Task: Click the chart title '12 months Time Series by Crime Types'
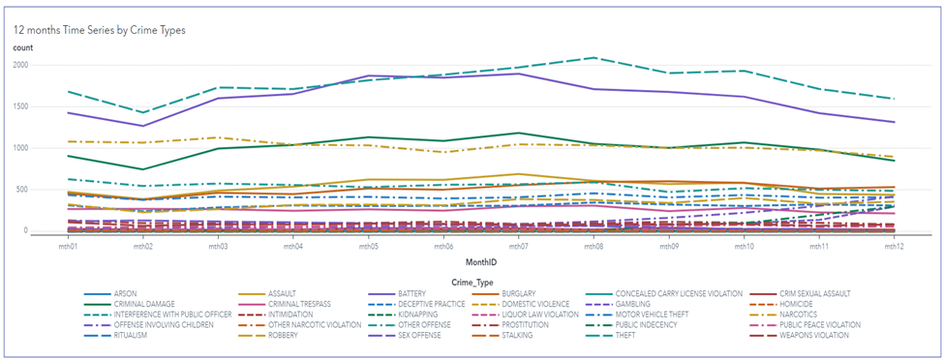98,30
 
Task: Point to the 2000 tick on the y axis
20,65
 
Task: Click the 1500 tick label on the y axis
20,106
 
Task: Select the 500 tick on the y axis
22,190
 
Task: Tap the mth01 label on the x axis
65,248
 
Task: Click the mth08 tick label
593,248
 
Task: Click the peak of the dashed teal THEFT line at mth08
593,58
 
